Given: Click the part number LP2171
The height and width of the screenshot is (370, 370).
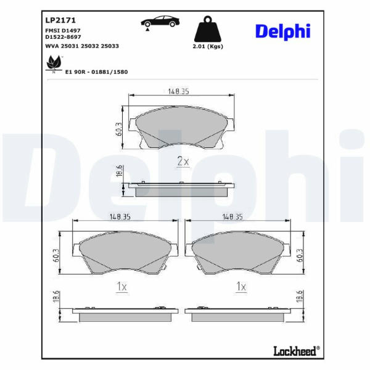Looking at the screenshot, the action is [60, 20].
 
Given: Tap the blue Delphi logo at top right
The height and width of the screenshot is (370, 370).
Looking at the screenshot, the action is [282, 32].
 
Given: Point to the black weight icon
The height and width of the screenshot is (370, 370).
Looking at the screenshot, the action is [208, 29].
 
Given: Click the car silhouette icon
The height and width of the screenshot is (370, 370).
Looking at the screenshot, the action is [160, 22].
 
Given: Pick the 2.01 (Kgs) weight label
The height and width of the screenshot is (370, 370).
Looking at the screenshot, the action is [208, 46].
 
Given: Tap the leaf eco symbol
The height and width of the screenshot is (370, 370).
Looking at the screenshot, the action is [54, 64].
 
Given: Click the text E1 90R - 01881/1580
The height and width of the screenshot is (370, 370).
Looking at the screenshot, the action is [96, 72].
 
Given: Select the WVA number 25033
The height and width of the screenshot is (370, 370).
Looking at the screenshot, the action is [110, 46].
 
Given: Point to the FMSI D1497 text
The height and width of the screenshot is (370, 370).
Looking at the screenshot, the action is [63, 30].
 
